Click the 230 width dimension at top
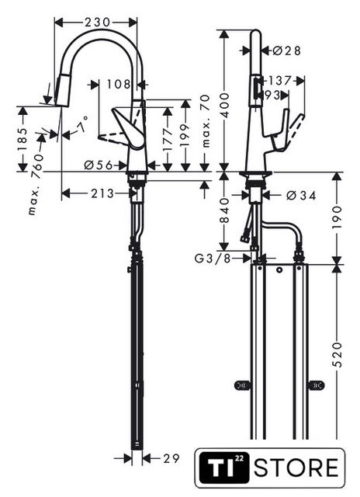[97, 22]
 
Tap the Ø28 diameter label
[286, 50]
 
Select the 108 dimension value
[119, 85]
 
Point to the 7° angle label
[82, 125]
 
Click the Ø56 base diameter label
[99, 165]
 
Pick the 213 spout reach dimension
[102, 193]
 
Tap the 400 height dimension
[224, 106]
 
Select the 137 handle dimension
[280, 81]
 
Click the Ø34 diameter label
[301, 196]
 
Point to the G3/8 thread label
[213, 259]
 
